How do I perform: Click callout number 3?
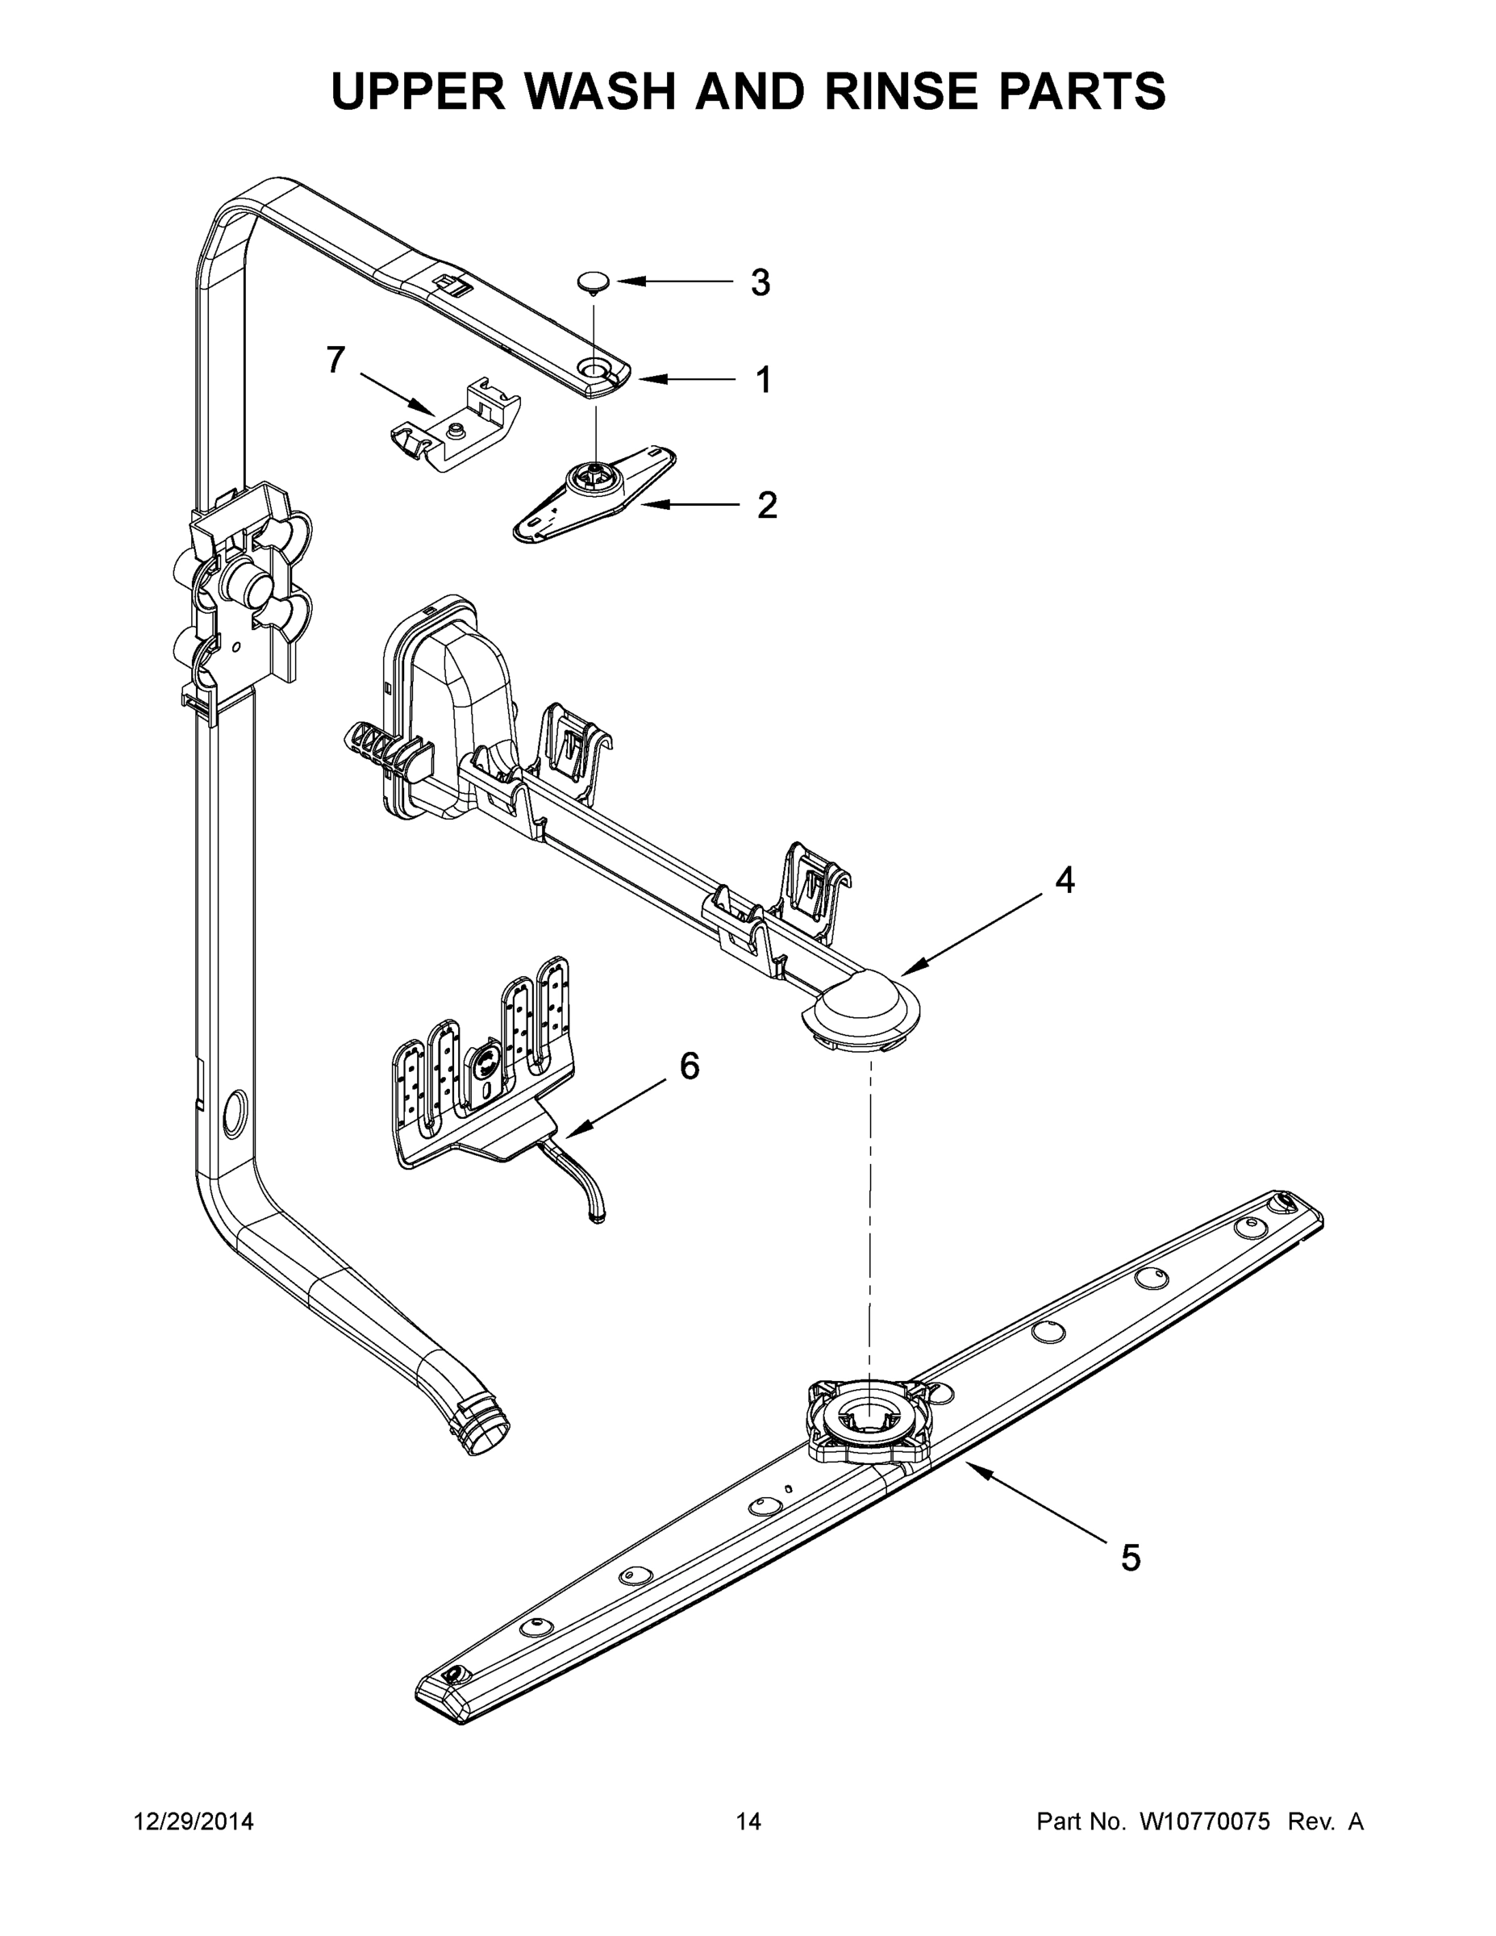point(760,283)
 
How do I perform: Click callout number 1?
point(762,380)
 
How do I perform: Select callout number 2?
point(767,505)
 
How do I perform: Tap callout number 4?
point(1065,880)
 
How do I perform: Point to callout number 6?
point(689,1066)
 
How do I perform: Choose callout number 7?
point(335,360)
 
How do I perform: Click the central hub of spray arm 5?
point(869,1418)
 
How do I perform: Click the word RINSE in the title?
point(898,90)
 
